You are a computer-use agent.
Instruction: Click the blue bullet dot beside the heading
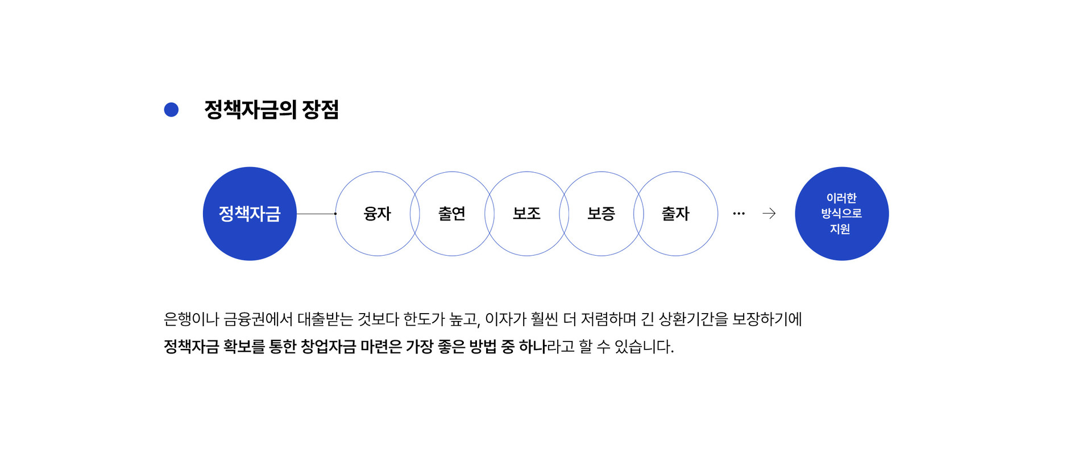(171, 110)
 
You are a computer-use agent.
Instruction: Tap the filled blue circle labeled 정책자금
(250, 214)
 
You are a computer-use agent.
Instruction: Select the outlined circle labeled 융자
(377, 214)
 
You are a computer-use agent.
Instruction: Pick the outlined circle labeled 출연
(452, 214)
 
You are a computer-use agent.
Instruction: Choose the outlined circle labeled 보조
(526, 214)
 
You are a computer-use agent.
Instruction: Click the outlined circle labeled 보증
(601, 214)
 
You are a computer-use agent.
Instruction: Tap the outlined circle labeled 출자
(675, 214)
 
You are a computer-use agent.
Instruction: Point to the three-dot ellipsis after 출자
(739, 214)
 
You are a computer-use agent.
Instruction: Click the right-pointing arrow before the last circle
(769, 214)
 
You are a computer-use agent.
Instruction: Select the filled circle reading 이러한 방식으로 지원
(841, 214)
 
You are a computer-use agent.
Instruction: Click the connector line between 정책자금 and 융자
(316, 214)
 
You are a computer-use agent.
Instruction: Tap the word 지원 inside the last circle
(840, 229)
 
